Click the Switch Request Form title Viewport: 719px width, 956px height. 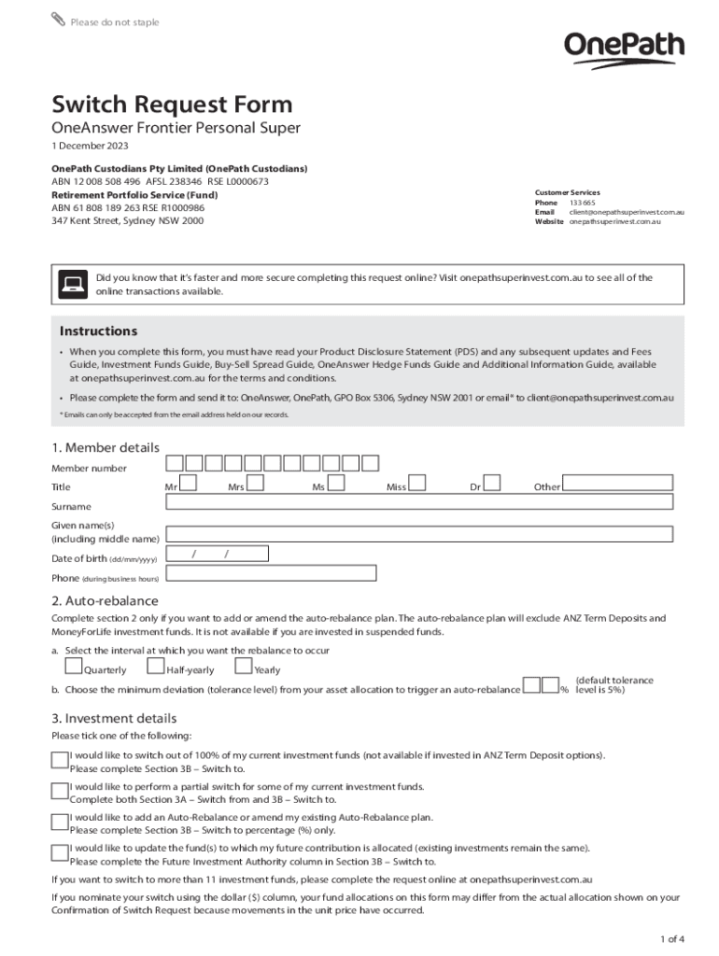click(172, 104)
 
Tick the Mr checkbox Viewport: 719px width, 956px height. click(188, 483)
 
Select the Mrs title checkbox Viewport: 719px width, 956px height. click(255, 483)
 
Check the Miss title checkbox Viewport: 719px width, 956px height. click(418, 483)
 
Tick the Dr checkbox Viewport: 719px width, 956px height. click(492, 483)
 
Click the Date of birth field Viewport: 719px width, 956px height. click(217, 555)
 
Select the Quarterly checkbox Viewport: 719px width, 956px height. click(73, 666)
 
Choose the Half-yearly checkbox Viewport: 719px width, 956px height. click(156, 666)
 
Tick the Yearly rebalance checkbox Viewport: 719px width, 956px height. click(243, 666)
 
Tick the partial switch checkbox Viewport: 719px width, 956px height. click(60, 790)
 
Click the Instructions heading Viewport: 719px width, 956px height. click(98, 331)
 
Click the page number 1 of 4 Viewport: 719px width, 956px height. click(671, 938)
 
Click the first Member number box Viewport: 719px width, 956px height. click(175, 463)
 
